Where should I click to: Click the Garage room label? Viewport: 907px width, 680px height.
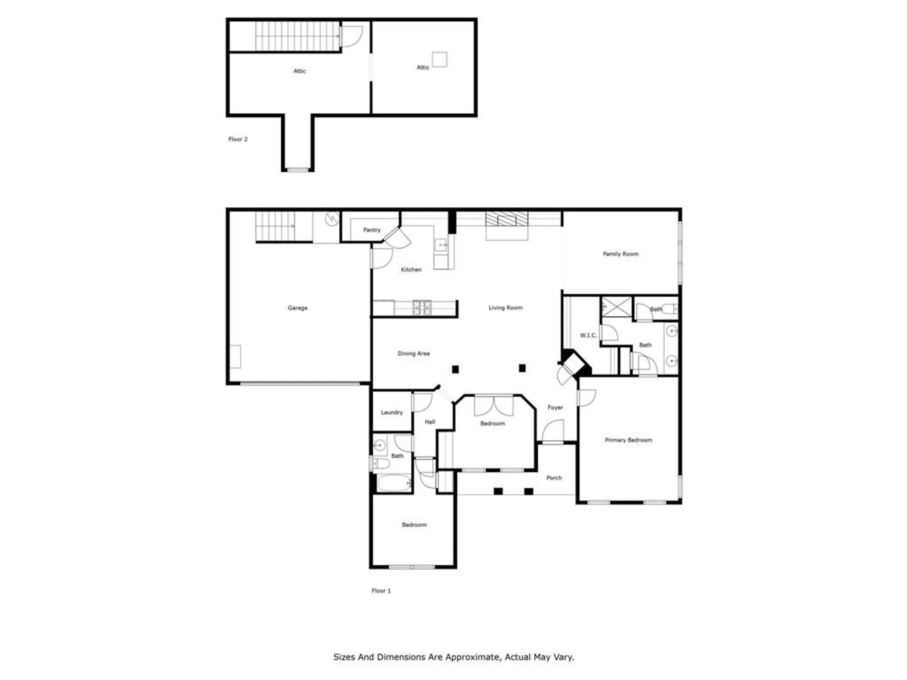pyautogui.click(x=297, y=308)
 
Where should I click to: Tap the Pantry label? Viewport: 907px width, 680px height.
pyautogui.click(x=372, y=230)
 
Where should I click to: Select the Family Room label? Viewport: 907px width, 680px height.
pyautogui.click(x=620, y=254)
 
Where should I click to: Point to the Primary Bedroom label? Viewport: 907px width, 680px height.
pyautogui.click(x=628, y=440)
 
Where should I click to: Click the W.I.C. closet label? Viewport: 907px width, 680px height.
pyautogui.click(x=588, y=335)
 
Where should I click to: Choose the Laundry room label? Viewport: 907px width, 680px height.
pyautogui.click(x=392, y=412)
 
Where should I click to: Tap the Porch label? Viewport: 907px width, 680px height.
pyautogui.click(x=554, y=478)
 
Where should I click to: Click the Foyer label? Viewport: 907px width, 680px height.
pyautogui.click(x=555, y=407)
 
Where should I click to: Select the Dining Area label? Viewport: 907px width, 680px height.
pyautogui.click(x=414, y=353)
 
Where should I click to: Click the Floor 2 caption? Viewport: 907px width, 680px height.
pyautogui.click(x=238, y=139)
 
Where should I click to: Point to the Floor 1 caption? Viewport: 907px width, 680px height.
pyautogui.click(x=381, y=591)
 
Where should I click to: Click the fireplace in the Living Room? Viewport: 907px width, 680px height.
pyautogui.click(x=507, y=220)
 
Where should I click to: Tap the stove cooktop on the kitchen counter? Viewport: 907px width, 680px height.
pyautogui.click(x=422, y=307)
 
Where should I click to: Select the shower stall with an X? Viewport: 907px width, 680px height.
pyautogui.click(x=616, y=307)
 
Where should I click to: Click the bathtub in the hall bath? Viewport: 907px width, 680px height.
pyautogui.click(x=394, y=483)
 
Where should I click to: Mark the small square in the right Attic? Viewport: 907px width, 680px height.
pyautogui.click(x=439, y=59)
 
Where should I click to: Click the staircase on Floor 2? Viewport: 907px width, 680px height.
pyautogui.click(x=297, y=36)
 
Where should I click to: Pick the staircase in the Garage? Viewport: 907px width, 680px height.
pyautogui.click(x=275, y=226)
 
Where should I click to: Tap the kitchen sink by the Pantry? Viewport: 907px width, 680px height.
pyautogui.click(x=441, y=245)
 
